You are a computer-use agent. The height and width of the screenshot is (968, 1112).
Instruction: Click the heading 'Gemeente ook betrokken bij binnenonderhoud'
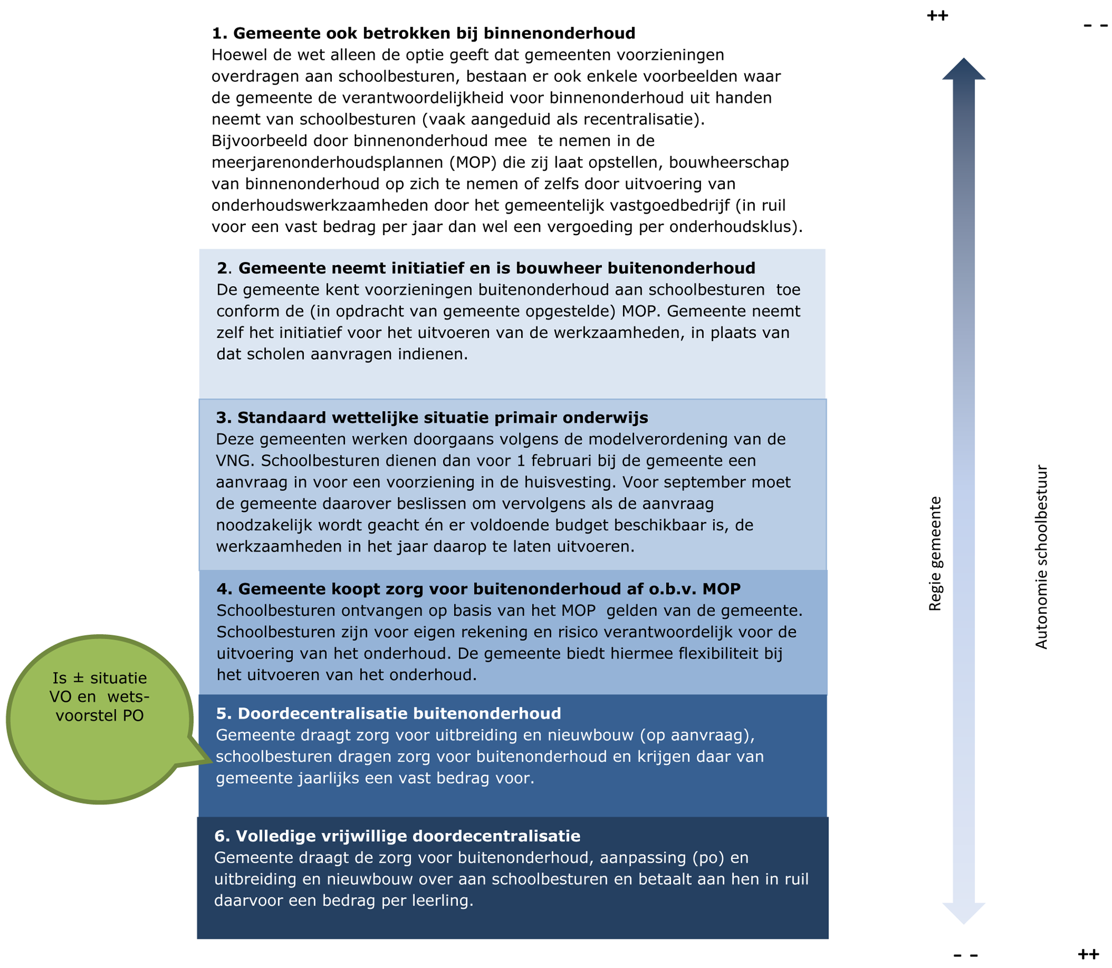[x=423, y=33]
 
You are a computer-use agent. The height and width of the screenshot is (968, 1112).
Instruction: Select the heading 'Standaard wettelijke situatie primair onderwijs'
[x=432, y=417]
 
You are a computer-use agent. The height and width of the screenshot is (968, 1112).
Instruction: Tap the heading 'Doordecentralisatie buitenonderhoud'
[x=388, y=713]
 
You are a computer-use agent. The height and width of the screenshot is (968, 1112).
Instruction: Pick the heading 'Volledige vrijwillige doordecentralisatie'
[x=397, y=836]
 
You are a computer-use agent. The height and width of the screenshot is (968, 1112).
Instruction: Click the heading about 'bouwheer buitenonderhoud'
[x=486, y=268]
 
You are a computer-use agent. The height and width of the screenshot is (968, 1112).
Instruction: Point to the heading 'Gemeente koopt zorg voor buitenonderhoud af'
[x=478, y=589]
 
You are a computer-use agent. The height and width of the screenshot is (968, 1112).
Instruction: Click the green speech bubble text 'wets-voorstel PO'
[x=100, y=706]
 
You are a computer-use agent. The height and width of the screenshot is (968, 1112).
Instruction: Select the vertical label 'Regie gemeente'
[x=935, y=553]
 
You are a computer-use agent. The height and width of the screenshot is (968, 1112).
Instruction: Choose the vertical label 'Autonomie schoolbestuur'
[x=1042, y=556]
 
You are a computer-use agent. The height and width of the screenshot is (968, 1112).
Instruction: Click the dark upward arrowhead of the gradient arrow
[x=964, y=69]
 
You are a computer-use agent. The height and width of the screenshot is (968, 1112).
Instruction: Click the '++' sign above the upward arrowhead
[x=938, y=15]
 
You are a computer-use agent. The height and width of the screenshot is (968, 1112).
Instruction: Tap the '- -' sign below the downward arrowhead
[x=966, y=955]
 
